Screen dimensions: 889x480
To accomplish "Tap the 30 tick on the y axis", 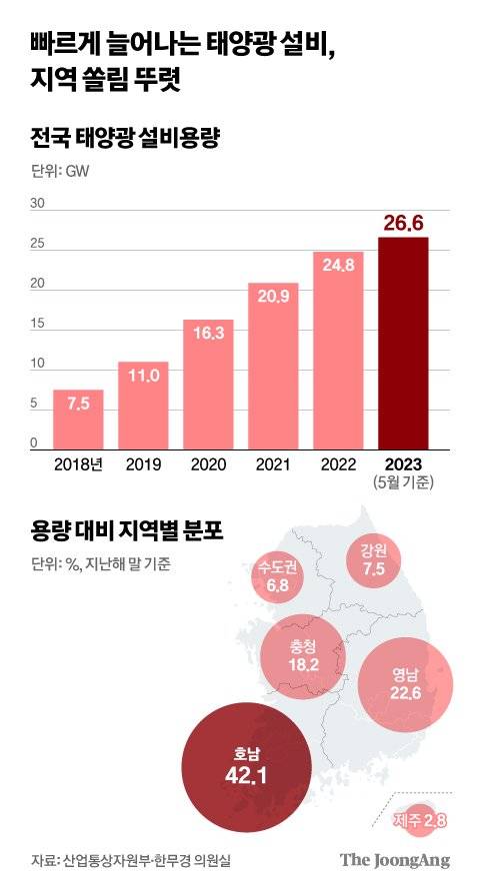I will pos(39,203).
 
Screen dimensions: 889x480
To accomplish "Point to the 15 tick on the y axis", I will pos(39,324).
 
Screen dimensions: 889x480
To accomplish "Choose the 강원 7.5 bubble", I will pos(373,561).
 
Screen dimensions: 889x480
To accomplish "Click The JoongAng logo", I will pos(395,860).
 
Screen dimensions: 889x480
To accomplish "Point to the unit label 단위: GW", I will pos(59,173).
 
